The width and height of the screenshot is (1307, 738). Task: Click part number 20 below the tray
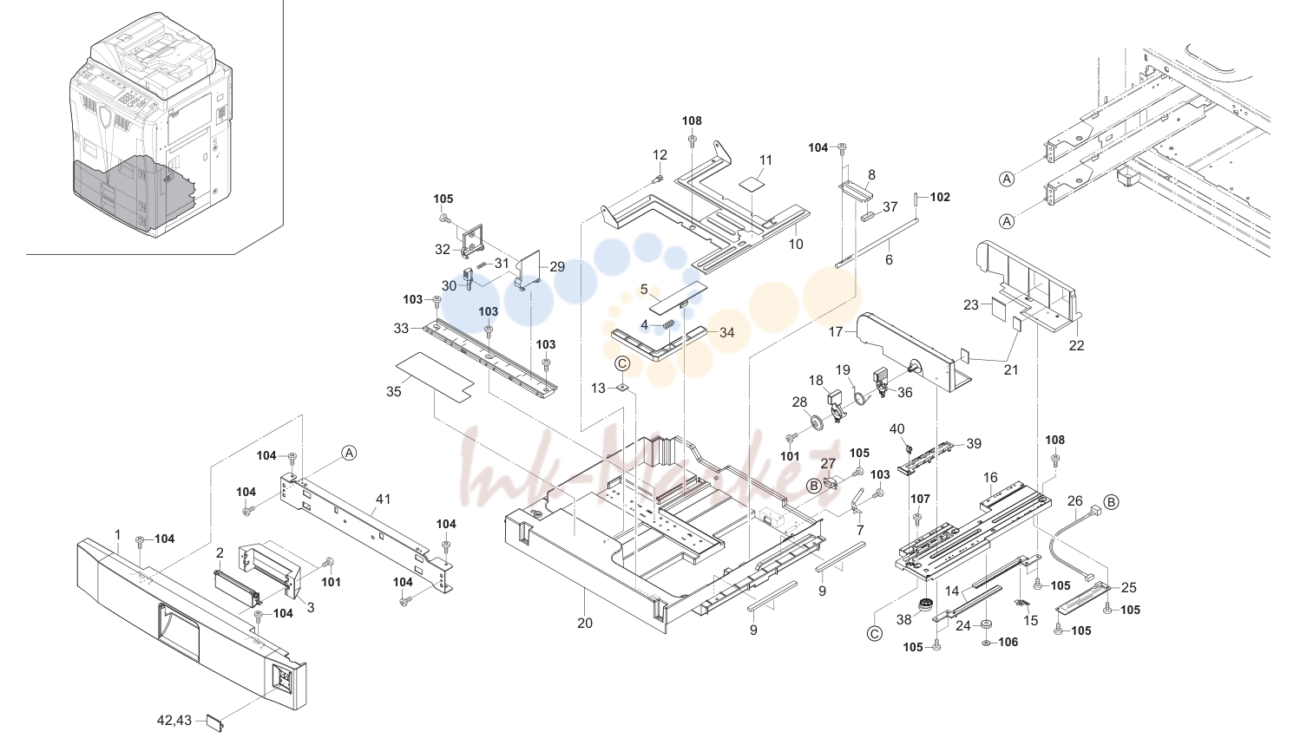[x=585, y=624]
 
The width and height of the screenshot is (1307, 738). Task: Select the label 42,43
[x=174, y=721]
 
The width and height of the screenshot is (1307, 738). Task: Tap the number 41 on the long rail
[x=384, y=499]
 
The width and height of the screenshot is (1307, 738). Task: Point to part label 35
[x=394, y=392]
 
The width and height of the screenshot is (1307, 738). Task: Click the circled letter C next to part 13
[x=622, y=364]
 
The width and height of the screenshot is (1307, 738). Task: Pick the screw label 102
[x=940, y=197]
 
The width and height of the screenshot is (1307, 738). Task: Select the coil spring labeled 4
[x=670, y=325]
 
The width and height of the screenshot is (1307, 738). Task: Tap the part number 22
[x=1076, y=346]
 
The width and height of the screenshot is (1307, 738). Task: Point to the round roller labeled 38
[x=923, y=604]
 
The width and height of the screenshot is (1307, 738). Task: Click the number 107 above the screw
[x=920, y=499]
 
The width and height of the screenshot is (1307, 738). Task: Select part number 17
[x=836, y=331]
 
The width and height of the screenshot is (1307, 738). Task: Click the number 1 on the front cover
[x=118, y=534]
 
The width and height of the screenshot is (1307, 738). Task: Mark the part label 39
[x=974, y=444]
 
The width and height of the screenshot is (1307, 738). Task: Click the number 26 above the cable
[x=1074, y=500]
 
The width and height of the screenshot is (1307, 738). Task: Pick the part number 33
[x=401, y=328]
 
